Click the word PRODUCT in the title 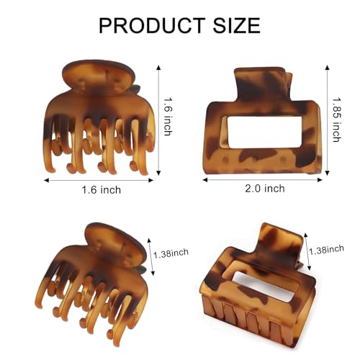tap(152, 25)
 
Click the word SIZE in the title tap(237, 25)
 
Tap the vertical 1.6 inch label tap(168, 117)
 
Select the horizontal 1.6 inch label tap(102, 190)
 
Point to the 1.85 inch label tap(337, 120)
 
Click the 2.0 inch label tap(265, 189)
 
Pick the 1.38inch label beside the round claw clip tap(171, 253)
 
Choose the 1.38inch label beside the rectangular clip tap(326, 250)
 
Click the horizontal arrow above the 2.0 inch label tap(262, 179)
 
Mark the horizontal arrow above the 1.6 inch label tap(99, 180)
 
